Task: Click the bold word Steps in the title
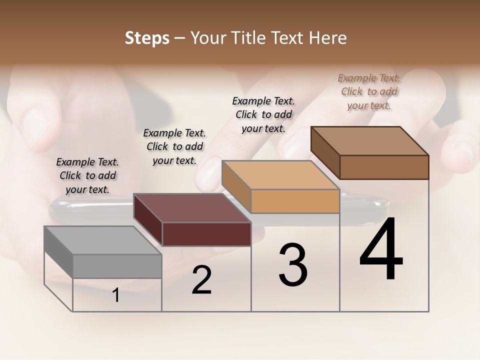pos(147,38)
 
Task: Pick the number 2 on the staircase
pos(201,280)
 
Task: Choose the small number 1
pos(116,295)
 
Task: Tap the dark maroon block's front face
pos(206,234)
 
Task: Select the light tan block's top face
pos(280,175)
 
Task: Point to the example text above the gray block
pos(88,175)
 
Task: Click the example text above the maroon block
pos(174,146)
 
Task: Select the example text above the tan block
pos(263,114)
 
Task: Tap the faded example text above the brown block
pos(369,91)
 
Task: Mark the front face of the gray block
pos(117,266)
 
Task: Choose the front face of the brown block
pos(384,167)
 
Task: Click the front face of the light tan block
pos(295,201)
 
